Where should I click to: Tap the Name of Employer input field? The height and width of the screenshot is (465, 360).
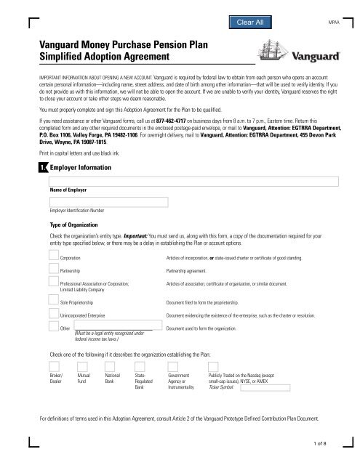(191, 181)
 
